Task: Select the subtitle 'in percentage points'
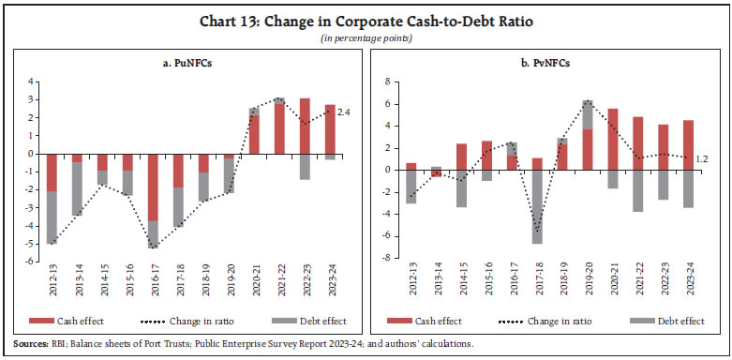click(366, 37)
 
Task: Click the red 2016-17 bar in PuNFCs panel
click(152, 187)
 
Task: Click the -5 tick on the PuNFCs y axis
click(33, 244)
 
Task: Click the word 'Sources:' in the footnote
click(25, 344)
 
